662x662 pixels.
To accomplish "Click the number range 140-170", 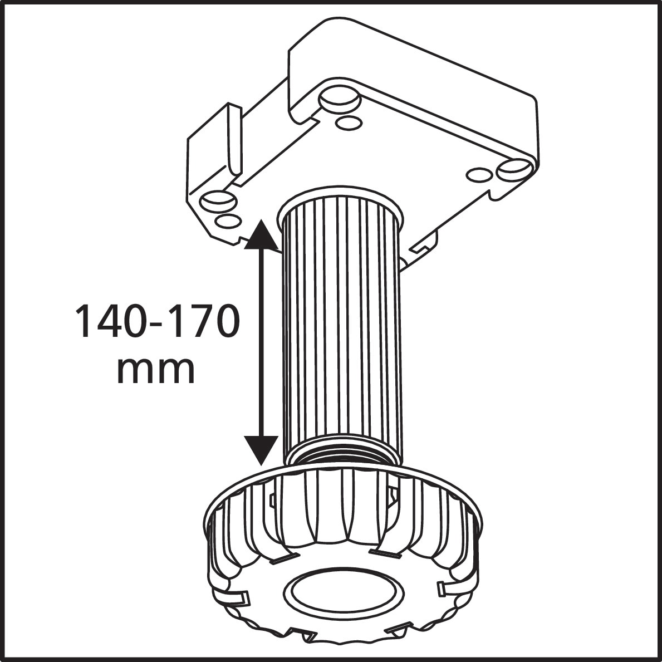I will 158,322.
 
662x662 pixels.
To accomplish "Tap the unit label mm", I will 156,369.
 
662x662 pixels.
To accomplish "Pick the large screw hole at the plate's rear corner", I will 338,99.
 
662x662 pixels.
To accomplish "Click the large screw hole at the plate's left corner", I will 217,200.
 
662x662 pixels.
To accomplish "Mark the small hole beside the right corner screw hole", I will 479,175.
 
